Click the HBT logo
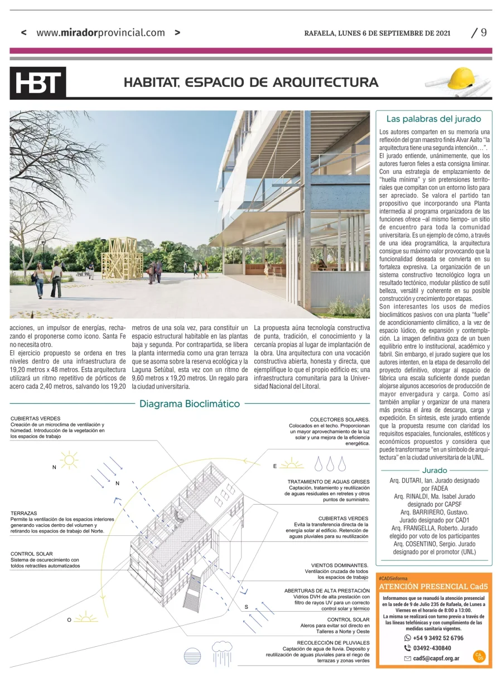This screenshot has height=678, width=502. point(38,83)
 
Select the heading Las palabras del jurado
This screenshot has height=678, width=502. point(433,119)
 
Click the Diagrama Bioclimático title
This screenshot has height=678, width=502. point(190,404)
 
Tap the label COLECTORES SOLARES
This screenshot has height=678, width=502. point(339,419)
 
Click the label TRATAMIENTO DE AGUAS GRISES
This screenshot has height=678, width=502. point(328,481)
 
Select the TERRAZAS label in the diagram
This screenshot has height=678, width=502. point(23,512)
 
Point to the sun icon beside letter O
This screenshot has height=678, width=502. point(85,618)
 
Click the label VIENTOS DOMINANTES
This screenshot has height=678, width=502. point(340,565)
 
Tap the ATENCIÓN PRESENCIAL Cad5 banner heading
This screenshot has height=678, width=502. point(433,587)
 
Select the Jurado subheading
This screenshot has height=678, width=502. point(435,471)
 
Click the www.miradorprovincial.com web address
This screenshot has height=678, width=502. point(100,32)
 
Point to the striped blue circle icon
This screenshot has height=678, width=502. point(192,655)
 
